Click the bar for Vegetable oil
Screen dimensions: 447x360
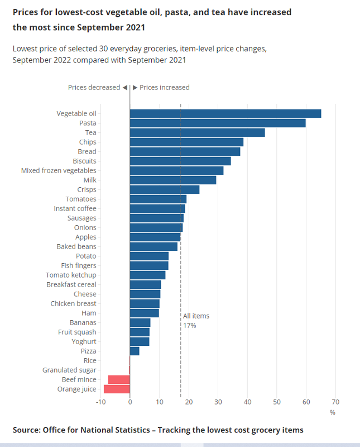[x=225, y=113]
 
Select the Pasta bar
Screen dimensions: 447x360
[x=218, y=123]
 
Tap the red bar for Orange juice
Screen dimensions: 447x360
[x=117, y=389]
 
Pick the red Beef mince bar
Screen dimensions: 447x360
[x=119, y=379]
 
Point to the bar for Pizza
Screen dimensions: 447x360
[x=135, y=351]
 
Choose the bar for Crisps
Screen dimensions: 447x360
[x=165, y=189]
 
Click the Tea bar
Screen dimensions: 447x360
[x=197, y=132]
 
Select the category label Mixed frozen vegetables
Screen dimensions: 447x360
[x=59, y=170]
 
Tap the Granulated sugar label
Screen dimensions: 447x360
[x=69, y=370]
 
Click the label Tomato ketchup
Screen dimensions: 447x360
[x=71, y=275]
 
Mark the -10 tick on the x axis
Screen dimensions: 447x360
[x=100, y=402]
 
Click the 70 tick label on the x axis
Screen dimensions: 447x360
[x=335, y=402]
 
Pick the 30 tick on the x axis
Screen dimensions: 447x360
[x=218, y=402]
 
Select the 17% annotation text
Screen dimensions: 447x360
[x=189, y=325]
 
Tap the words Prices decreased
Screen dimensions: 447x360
[x=94, y=87]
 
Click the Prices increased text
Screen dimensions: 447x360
[x=164, y=87]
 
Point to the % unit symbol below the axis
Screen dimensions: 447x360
[x=332, y=412]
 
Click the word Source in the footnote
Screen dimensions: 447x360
[x=27, y=430]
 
